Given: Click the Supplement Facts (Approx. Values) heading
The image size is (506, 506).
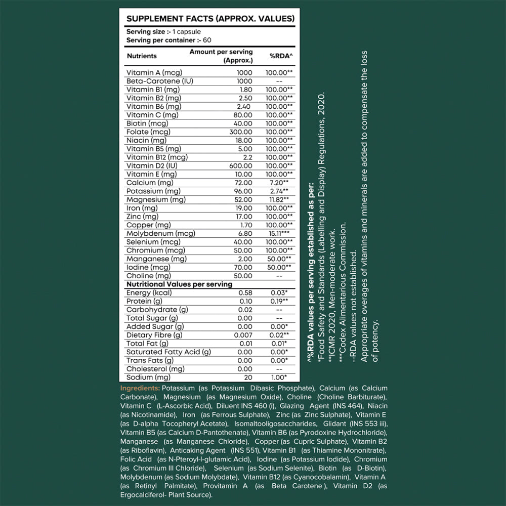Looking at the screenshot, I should (x=210, y=19).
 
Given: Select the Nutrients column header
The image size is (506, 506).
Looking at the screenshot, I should (x=142, y=56).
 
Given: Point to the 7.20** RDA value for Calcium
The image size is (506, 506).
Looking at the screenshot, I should (x=279, y=183).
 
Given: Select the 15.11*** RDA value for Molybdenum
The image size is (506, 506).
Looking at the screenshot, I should (x=278, y=233).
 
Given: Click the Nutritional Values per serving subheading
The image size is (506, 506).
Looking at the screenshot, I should (x=179, y=284).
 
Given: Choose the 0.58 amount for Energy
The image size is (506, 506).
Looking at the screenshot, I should (x=244, y=293).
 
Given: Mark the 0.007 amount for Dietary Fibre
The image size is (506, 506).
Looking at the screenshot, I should (x=242, y=335).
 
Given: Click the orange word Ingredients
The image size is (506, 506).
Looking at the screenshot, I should (x=140, y=388).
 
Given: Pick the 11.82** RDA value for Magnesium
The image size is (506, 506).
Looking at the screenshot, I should (x=279, y=199).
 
